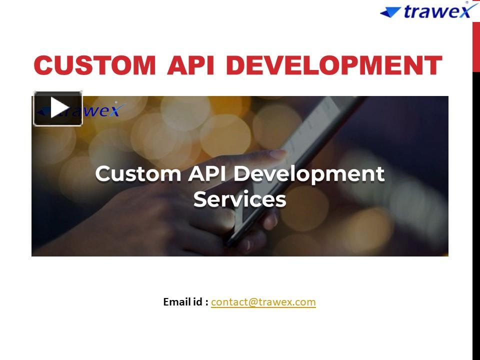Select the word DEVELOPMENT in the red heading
click(x=334, y=65)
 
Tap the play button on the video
click(x=58, y=108)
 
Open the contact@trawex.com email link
click(x=263, y=302)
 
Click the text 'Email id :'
click(x=185, y=302)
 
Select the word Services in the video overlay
click(x=239, y=199)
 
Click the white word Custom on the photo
click(x=137, y=173)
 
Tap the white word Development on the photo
click(x=309, y=173)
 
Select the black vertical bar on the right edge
click(x=476, y=215)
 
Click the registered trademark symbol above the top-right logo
click(x=467, y=2)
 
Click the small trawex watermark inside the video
click(x=100, y=110)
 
